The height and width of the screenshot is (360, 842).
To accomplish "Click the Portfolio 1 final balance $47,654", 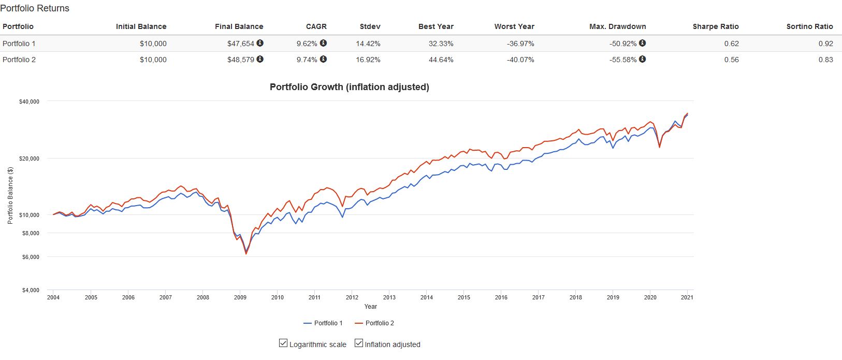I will pos(241,44).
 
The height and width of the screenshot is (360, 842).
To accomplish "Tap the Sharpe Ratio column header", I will pos(716,26).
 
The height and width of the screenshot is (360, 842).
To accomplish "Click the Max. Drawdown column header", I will pos(617,26).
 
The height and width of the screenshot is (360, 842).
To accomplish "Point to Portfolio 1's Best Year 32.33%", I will pos(441,44).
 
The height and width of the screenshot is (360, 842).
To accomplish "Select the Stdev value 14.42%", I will pos(368,44).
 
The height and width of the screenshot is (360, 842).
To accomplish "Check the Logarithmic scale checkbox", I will pos(283,343).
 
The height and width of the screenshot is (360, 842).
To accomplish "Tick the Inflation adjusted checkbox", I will pos(359,343).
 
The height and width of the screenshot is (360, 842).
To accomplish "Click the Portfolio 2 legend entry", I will pos(374,323).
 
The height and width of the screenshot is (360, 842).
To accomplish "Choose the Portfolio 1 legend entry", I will pos(323,323).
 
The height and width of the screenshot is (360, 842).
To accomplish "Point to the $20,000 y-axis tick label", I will pos(29,159).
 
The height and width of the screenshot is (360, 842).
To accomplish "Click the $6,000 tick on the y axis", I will pos(31,257).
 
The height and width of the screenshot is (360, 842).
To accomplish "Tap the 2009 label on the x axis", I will pos(240,297).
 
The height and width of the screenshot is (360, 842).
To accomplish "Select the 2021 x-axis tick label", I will pos(687,297).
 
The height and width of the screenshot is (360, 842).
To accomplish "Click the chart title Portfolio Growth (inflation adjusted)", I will pos(350,87).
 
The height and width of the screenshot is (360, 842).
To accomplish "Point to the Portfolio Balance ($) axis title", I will pos(10,195).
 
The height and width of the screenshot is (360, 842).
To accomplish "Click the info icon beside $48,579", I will pos(260,59).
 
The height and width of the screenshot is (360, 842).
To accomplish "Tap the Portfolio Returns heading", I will pos(35,8).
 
